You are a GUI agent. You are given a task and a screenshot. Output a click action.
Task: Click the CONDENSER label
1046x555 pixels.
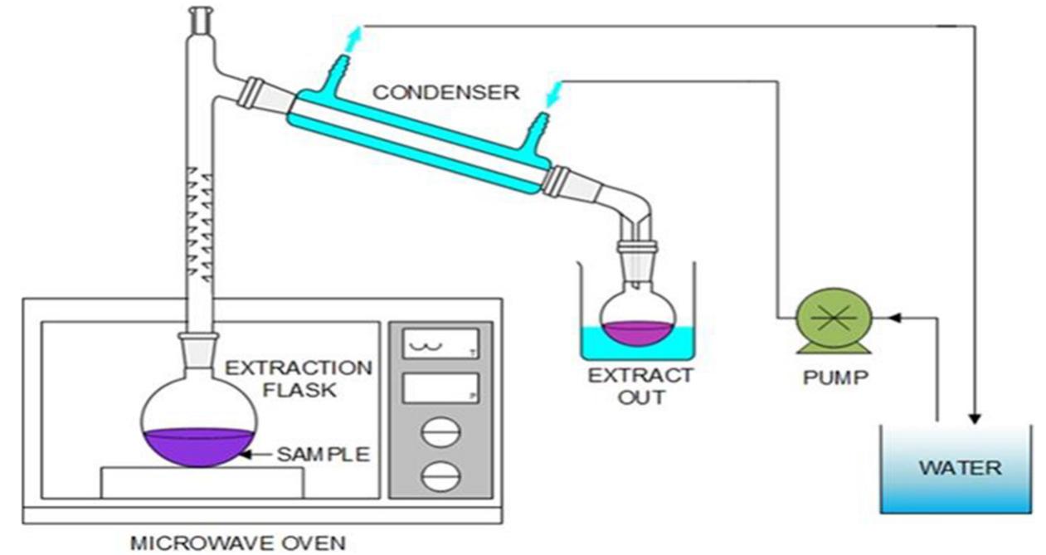[x=445, y=91]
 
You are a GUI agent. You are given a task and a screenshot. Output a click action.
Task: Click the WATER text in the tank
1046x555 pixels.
[x=961, y=468]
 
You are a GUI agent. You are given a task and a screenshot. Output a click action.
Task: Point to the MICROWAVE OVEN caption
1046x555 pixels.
[x=237, y=543]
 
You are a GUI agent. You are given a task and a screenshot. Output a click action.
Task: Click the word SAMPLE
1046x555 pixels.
[x=323, y=455]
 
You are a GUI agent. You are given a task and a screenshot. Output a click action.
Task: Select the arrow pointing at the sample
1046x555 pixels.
[x=258, y=455]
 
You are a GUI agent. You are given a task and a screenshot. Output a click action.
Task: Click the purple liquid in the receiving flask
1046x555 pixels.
[x=637, y=333]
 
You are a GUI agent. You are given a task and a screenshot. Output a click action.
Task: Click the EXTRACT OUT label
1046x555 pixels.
[x=640, y=386]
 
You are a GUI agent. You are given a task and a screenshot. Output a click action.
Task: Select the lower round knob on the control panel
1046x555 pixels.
[x=440, y=477]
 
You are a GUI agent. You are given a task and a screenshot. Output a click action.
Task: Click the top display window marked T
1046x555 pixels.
[x=440, y=343]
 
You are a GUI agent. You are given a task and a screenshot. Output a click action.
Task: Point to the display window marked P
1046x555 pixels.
[x=440, y=387]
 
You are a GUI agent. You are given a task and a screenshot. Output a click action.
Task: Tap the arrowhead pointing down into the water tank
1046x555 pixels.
[x=975, y=417]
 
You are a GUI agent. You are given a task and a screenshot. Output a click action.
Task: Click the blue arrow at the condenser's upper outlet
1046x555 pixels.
[x=354, y=36]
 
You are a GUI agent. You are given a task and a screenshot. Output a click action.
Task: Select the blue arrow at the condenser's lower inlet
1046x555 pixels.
[x=553, y=92]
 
